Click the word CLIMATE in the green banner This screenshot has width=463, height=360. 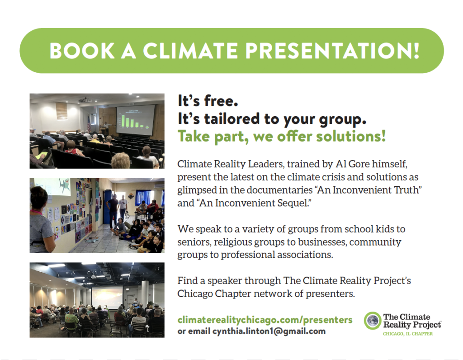pyautogui.click(x=190, y=51)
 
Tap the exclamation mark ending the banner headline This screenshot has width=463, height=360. pyautogui.click(x=416, y=51)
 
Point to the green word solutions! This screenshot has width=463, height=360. pyautogui.click(x=351, y=136)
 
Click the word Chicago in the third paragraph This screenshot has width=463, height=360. pyautogui.click(x=195, y=294)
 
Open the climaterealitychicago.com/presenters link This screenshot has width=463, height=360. pyautogui.click(x=265, y=320)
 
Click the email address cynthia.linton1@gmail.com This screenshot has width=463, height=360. pyautogui.click(x=269, y=332)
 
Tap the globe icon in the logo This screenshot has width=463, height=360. pyautogui.click(x=373, y=320)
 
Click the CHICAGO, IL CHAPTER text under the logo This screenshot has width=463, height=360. pyautogui.click(x=408, y=334)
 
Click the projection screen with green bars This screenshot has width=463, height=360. pyautogui.click(x=136, y=119)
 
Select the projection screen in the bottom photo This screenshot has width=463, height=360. pyautogui.click(x=107, y=297)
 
